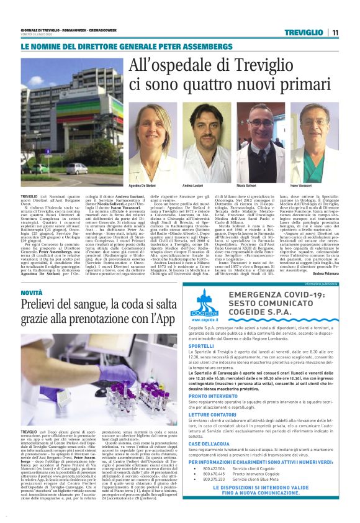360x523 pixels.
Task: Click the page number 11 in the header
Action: (x=335, y=32)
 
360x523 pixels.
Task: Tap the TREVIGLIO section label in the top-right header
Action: (x=304, y=32)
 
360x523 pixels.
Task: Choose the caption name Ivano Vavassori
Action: (x=301, y=185)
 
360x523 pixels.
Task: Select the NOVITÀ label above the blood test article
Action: (x=32, y=292)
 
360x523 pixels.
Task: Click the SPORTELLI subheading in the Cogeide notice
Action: (x=201, y=346)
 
